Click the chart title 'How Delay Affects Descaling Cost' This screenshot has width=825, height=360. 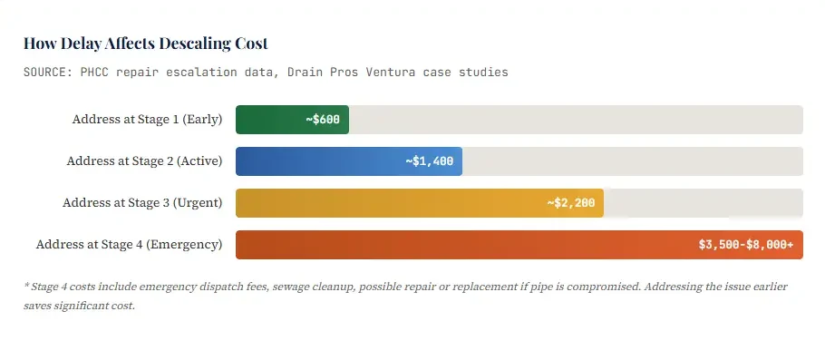(145, 44)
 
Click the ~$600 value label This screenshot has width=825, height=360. (323, 120)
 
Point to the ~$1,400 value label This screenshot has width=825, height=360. (430, 161)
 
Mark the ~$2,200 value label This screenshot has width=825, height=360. (571, 203)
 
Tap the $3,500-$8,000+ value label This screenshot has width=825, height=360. (745, 245)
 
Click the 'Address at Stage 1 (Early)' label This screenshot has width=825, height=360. (147, 120)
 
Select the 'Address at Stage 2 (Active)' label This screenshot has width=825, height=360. (144, 161)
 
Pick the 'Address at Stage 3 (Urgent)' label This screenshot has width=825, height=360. (142, 203)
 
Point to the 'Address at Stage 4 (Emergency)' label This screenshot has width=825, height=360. (129, 245)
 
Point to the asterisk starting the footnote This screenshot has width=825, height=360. (26, 286)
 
